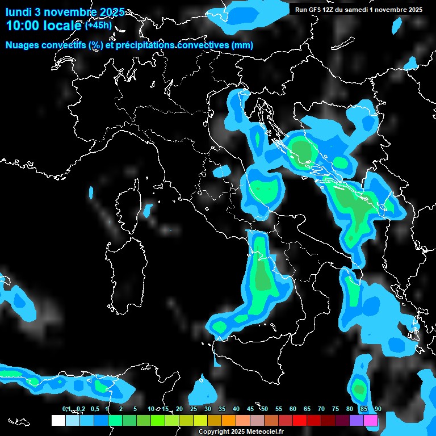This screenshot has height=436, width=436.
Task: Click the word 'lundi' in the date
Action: (19, 12)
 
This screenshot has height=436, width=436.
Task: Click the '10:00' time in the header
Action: (22, 26)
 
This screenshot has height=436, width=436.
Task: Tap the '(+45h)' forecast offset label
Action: (98, 25)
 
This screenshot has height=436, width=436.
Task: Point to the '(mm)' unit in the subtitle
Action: (242, 45)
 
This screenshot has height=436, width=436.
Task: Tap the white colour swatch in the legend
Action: (58, 420)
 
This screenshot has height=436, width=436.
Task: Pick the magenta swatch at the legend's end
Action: (371, 420)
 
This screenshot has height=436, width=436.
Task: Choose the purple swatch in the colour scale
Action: (357, 420)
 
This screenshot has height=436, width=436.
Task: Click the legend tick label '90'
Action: (378, 409)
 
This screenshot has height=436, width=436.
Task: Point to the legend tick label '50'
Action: (265, 409)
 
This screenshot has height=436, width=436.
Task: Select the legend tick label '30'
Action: (208, 409)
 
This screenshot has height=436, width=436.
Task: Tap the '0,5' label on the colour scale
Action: (94, 409)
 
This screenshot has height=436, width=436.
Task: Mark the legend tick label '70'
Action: (321, 409)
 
